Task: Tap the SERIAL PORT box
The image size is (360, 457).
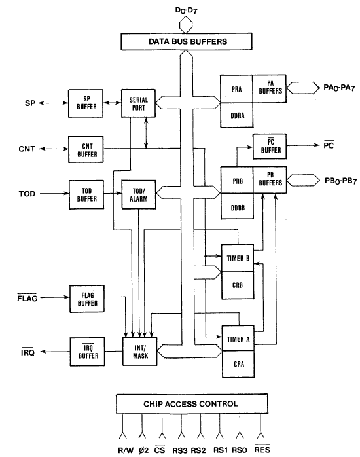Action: (139, 103)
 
